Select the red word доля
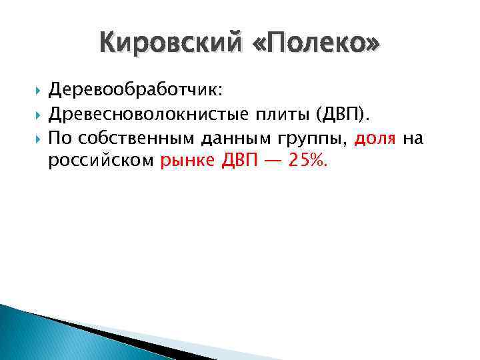[376, 139]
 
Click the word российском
[101, 163]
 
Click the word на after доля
[413, 139]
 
